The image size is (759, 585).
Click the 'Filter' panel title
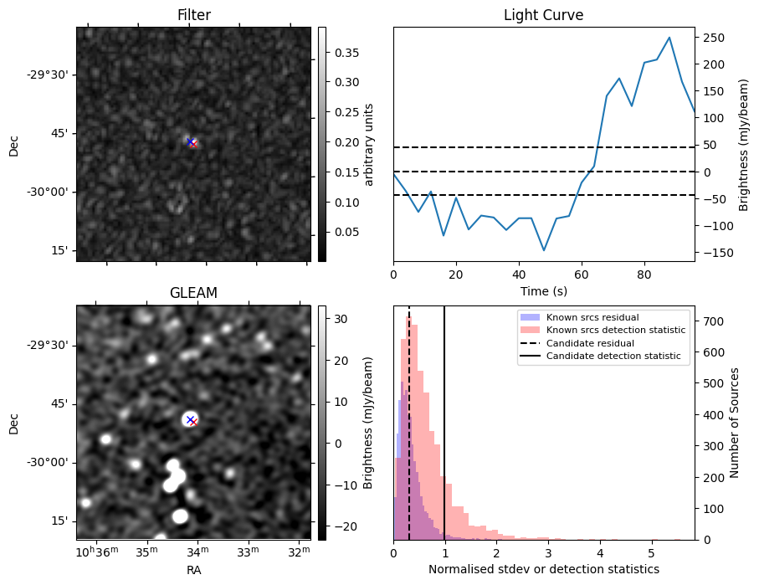click(193, 15)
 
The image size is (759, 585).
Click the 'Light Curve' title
click(543, 15)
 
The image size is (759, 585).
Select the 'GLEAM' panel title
click(193, 293)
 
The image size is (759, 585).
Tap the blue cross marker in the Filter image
click(191, 142)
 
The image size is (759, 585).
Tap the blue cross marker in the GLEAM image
click(190, 419)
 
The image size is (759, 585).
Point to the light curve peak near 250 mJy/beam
click(669, 38)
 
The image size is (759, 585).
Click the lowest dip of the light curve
click(544, 250)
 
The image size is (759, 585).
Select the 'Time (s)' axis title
click(543, 290)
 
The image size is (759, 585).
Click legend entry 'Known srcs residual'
click(592, 317)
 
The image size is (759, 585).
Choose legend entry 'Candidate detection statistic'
click(615, 357)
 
